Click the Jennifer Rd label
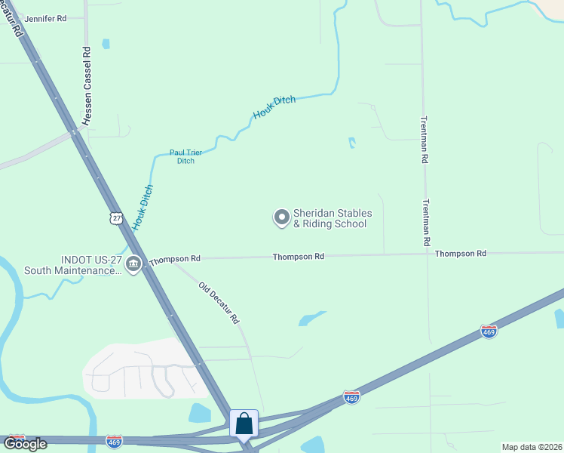point(44,17)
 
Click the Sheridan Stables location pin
point(281,218)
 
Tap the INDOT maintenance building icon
point(133,263)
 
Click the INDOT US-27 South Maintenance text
point(72,264)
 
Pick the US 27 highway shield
point(115,218)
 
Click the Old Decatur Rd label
point(219,303)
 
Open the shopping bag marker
point(244,424)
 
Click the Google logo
point(24,443)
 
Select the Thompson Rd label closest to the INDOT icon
point(175,259)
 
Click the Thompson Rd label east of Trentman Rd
point(460,254)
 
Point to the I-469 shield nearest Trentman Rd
point(488,332)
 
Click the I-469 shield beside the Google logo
point(115,440)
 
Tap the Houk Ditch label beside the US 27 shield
point(143,207)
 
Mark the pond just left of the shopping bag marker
point(200,413)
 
